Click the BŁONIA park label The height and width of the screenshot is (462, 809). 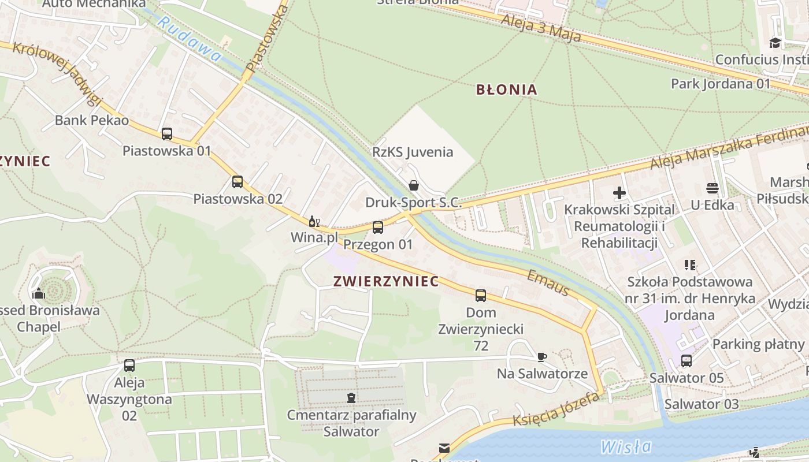[x=506, y=90]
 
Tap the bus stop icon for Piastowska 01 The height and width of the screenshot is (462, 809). [x=167, y=134]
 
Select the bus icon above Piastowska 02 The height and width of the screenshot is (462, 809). [x=237, y=182]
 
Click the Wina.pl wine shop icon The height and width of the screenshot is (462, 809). [x=314, y=221]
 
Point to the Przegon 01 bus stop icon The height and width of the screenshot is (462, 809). [x=378, y=228]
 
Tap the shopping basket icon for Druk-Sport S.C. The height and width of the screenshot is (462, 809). [x=414, y=185]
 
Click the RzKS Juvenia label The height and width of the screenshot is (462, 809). [x=413, y=152]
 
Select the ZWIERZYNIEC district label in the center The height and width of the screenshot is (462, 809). [x=386, y=282]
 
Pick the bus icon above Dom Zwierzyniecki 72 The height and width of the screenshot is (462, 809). [x=481, y=296]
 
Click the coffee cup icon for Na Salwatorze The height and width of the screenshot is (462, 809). [x=541, y=357]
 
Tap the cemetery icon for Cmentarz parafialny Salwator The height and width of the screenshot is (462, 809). [x=351, y=397]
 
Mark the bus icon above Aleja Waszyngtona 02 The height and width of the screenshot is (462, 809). [x=129, y=366]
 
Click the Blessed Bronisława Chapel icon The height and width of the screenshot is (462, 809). [x=39, y=293]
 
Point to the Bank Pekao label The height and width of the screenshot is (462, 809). [x=92, y=121]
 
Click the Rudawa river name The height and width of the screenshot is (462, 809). [x=189, y=39]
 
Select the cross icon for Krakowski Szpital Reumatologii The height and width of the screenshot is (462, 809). [x=619, y=193]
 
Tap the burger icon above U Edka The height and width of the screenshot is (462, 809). [x=712, y=188]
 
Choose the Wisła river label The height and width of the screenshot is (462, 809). [x=626, y=446]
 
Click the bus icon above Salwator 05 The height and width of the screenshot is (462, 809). [x=686, y=361]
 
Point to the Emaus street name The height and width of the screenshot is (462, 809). [x=548, y=283]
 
